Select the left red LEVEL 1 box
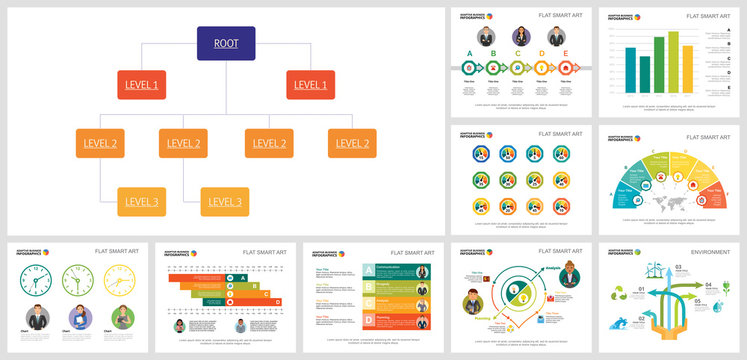point(141,84)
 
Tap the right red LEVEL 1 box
point(310,84)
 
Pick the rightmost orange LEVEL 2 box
point(352,143)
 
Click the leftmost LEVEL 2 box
point(100,143)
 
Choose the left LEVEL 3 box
point(141,202)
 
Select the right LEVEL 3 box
point(225,202)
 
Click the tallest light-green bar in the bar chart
point(674,61)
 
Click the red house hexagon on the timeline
point(565,68)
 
